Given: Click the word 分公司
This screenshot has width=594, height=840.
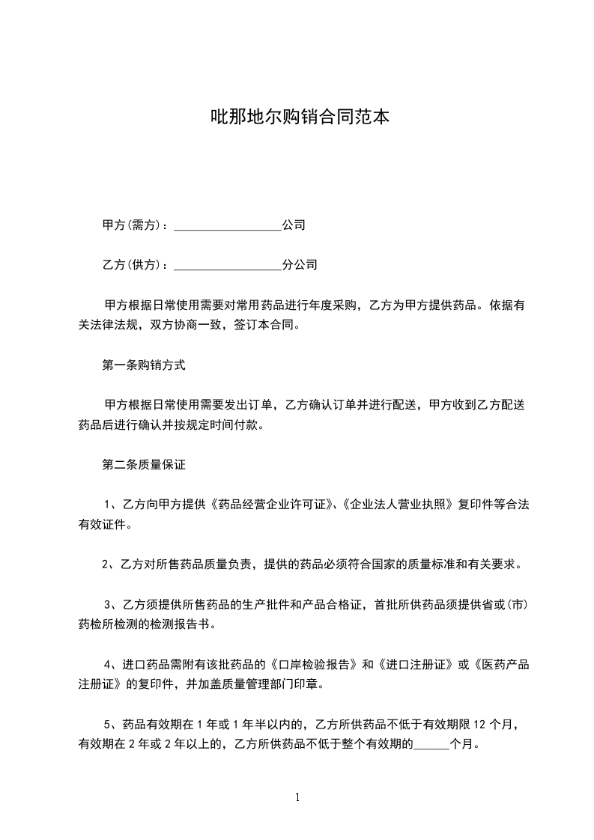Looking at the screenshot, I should pos(300,264).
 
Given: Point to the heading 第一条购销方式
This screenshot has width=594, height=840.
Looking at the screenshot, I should pos(143,366).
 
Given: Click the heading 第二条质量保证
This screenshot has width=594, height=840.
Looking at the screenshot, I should pos(143,465).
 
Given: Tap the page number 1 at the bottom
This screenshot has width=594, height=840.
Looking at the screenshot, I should pos(297,797).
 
